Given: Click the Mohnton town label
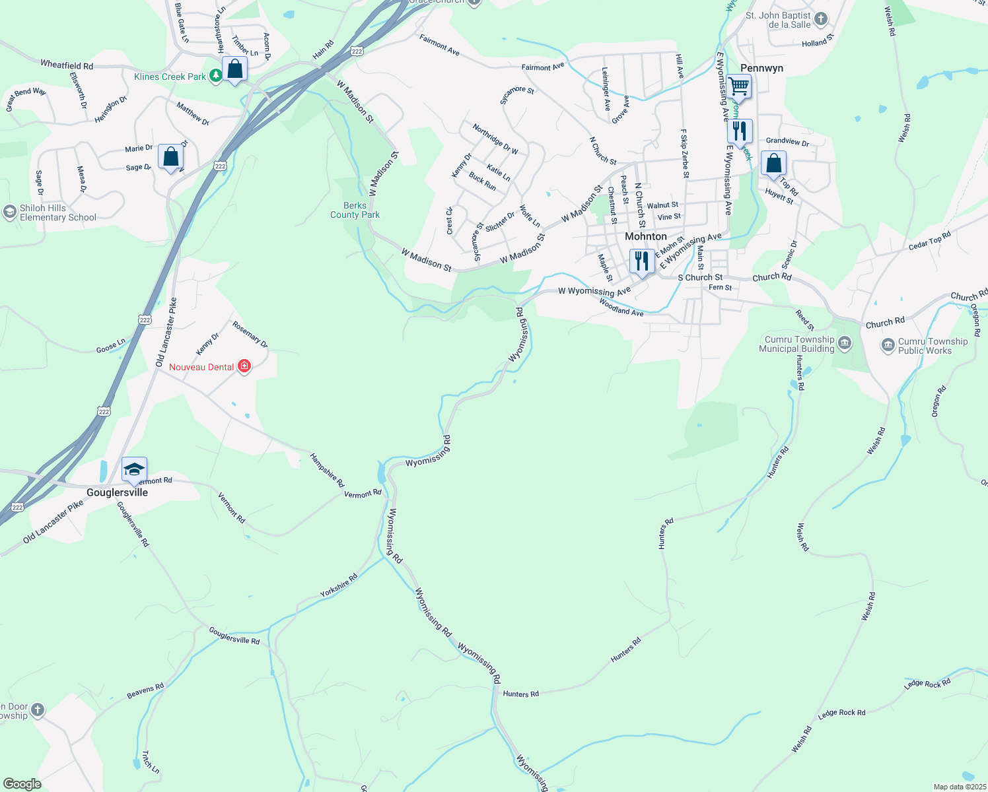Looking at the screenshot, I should pyautogui.click(x=645, y=236).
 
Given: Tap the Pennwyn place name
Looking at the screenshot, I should pyautogui.click(x=761, y=68).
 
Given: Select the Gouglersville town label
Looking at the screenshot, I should pyautogui.click(x=118, y=492).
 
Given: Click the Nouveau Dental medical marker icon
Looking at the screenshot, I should pyautogui.click(x=244, y=366).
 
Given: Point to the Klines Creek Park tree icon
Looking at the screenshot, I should pyautogui.click(x=215, y=77).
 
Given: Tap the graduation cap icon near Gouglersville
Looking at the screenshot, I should pyautogui.click(x=134, y=469).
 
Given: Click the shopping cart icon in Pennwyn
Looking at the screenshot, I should pyautogui.click(x=738, y=86).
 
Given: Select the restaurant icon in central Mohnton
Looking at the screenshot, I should pyautogui.click(x=641, y=261).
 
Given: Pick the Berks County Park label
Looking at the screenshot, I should pyautogui.click(x=355, y=210).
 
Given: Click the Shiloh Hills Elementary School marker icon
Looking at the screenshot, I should pyautogui.click(x=9, y=212).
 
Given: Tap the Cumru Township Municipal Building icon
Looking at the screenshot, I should pyautogui.click(x=845, y=343).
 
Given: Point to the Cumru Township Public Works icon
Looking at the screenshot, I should pyautogui.click(x=888, y=345).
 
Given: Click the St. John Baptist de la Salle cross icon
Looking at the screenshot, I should pyautogui.click(x=820, y=19).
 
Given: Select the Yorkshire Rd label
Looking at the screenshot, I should pyautogui.click(x=339, y=585).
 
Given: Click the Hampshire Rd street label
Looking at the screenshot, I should pyautogui.click(x=327, y=471).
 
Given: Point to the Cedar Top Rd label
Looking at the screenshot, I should pyautogui.click(x=929, y=241).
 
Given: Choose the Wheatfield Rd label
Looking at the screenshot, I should pyautogui.click(x=67, y=65).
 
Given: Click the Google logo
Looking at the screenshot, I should pyautogui.click(x=22, y=783).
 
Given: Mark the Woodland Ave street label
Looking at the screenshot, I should pyautogui.click(x=621, y=308).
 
